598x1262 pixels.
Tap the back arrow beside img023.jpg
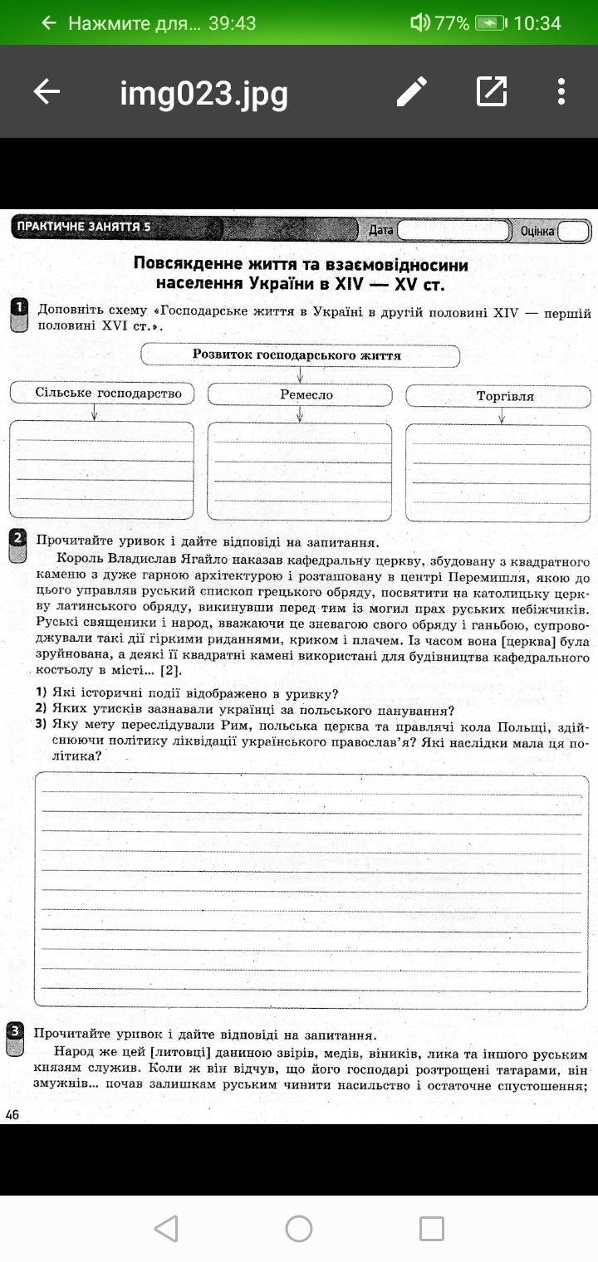click(47, 91)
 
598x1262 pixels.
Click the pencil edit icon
click(411, 91)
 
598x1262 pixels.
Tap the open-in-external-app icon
click(491, 91)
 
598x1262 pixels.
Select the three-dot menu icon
click(561, 91)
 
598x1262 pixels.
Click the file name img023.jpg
click(203, 93)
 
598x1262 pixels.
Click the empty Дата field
click(453, 230)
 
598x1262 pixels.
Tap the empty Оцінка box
click(573, 231)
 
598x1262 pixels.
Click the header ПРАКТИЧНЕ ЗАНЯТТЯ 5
click(84, 227)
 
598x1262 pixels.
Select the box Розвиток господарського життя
click(300, 355)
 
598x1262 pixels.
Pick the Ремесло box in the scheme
click(300, 395)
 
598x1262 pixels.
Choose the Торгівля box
click(505, 396)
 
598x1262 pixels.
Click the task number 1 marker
click(19, 314)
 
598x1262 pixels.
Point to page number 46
click(12, 1115)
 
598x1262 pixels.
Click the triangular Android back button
click(166, 1229)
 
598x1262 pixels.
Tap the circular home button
click(299, 1229)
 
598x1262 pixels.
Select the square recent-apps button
click(432, 1229)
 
